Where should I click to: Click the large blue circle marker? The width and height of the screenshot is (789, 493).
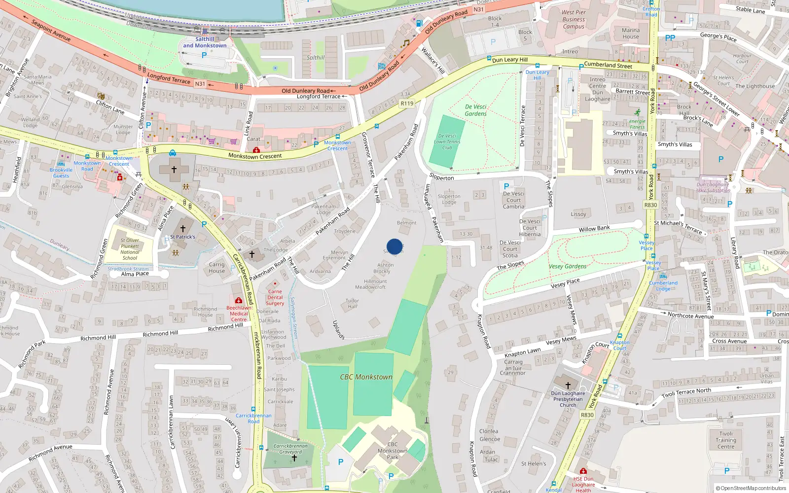point(394,246)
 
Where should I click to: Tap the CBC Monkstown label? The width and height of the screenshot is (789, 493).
point(366,377)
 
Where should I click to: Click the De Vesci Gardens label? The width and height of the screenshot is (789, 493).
point(475,110)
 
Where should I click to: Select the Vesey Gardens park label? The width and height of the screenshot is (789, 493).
point(568,266)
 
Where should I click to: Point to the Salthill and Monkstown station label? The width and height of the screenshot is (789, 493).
point(205,42)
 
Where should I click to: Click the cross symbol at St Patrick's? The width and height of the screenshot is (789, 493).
point(183,228)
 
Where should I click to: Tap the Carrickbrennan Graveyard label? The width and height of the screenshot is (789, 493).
point(290,449)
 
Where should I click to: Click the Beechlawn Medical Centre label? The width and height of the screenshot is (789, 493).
point(239,314)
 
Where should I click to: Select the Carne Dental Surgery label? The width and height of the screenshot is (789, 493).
point(275,297)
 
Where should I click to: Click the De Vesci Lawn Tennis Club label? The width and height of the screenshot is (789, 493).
point(447,141)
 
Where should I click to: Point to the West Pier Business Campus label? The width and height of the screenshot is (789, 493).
point(574,20)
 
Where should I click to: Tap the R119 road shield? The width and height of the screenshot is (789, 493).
point(407,104)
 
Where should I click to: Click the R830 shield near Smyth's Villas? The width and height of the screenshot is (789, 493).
point(650,205)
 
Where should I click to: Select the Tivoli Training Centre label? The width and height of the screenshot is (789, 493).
point(726,440)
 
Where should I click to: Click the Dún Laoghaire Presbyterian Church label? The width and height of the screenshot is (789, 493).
point(568,399)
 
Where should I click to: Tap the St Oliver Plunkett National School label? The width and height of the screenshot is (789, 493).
point(130,249)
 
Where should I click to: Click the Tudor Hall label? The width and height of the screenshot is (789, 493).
point(352,303)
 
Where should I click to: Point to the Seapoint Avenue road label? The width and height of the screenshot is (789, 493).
point(51,30)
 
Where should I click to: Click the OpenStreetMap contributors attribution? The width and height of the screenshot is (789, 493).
point(751,488)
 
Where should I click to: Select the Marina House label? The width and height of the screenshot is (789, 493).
point(630,34)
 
